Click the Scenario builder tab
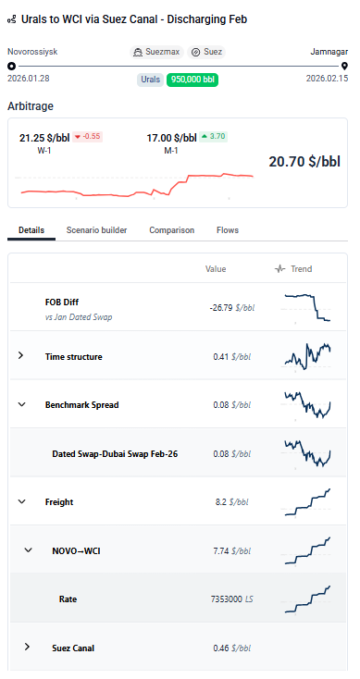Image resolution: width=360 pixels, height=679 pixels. pyautogui.click(x=96, y=229)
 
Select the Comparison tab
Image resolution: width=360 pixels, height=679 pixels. pyautogui.click(x=171, y=229)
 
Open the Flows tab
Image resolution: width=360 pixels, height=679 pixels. pyautogui.click(x=228, y=229)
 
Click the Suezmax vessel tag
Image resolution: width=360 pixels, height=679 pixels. pyautogui.click(x=157, y=53)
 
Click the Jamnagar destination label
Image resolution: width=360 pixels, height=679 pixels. pyautogui.click(x=328, y=53)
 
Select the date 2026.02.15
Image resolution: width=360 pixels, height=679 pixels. pyautogui.click(x=327, y=80)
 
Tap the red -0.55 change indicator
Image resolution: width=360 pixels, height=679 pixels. pyautogui.click(x=86, y=137)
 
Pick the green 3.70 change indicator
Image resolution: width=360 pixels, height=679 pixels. pyautogui.click(x=214, y=137)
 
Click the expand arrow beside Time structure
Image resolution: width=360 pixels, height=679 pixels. pyautogui.click(x=21, y=356)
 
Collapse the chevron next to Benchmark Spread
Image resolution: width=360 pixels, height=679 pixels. pyautogui.click(x=21, y=404)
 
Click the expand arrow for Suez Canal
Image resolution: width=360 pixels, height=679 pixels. pyautogui.click(x=27, y=648)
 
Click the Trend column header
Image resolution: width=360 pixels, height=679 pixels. pyautogui.click(x=294, y=269)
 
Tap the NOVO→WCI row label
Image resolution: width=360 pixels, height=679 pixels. pyautogui.click(x=76, y=550)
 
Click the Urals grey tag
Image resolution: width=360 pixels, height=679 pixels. pyautogui.click(x=150, y=80)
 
